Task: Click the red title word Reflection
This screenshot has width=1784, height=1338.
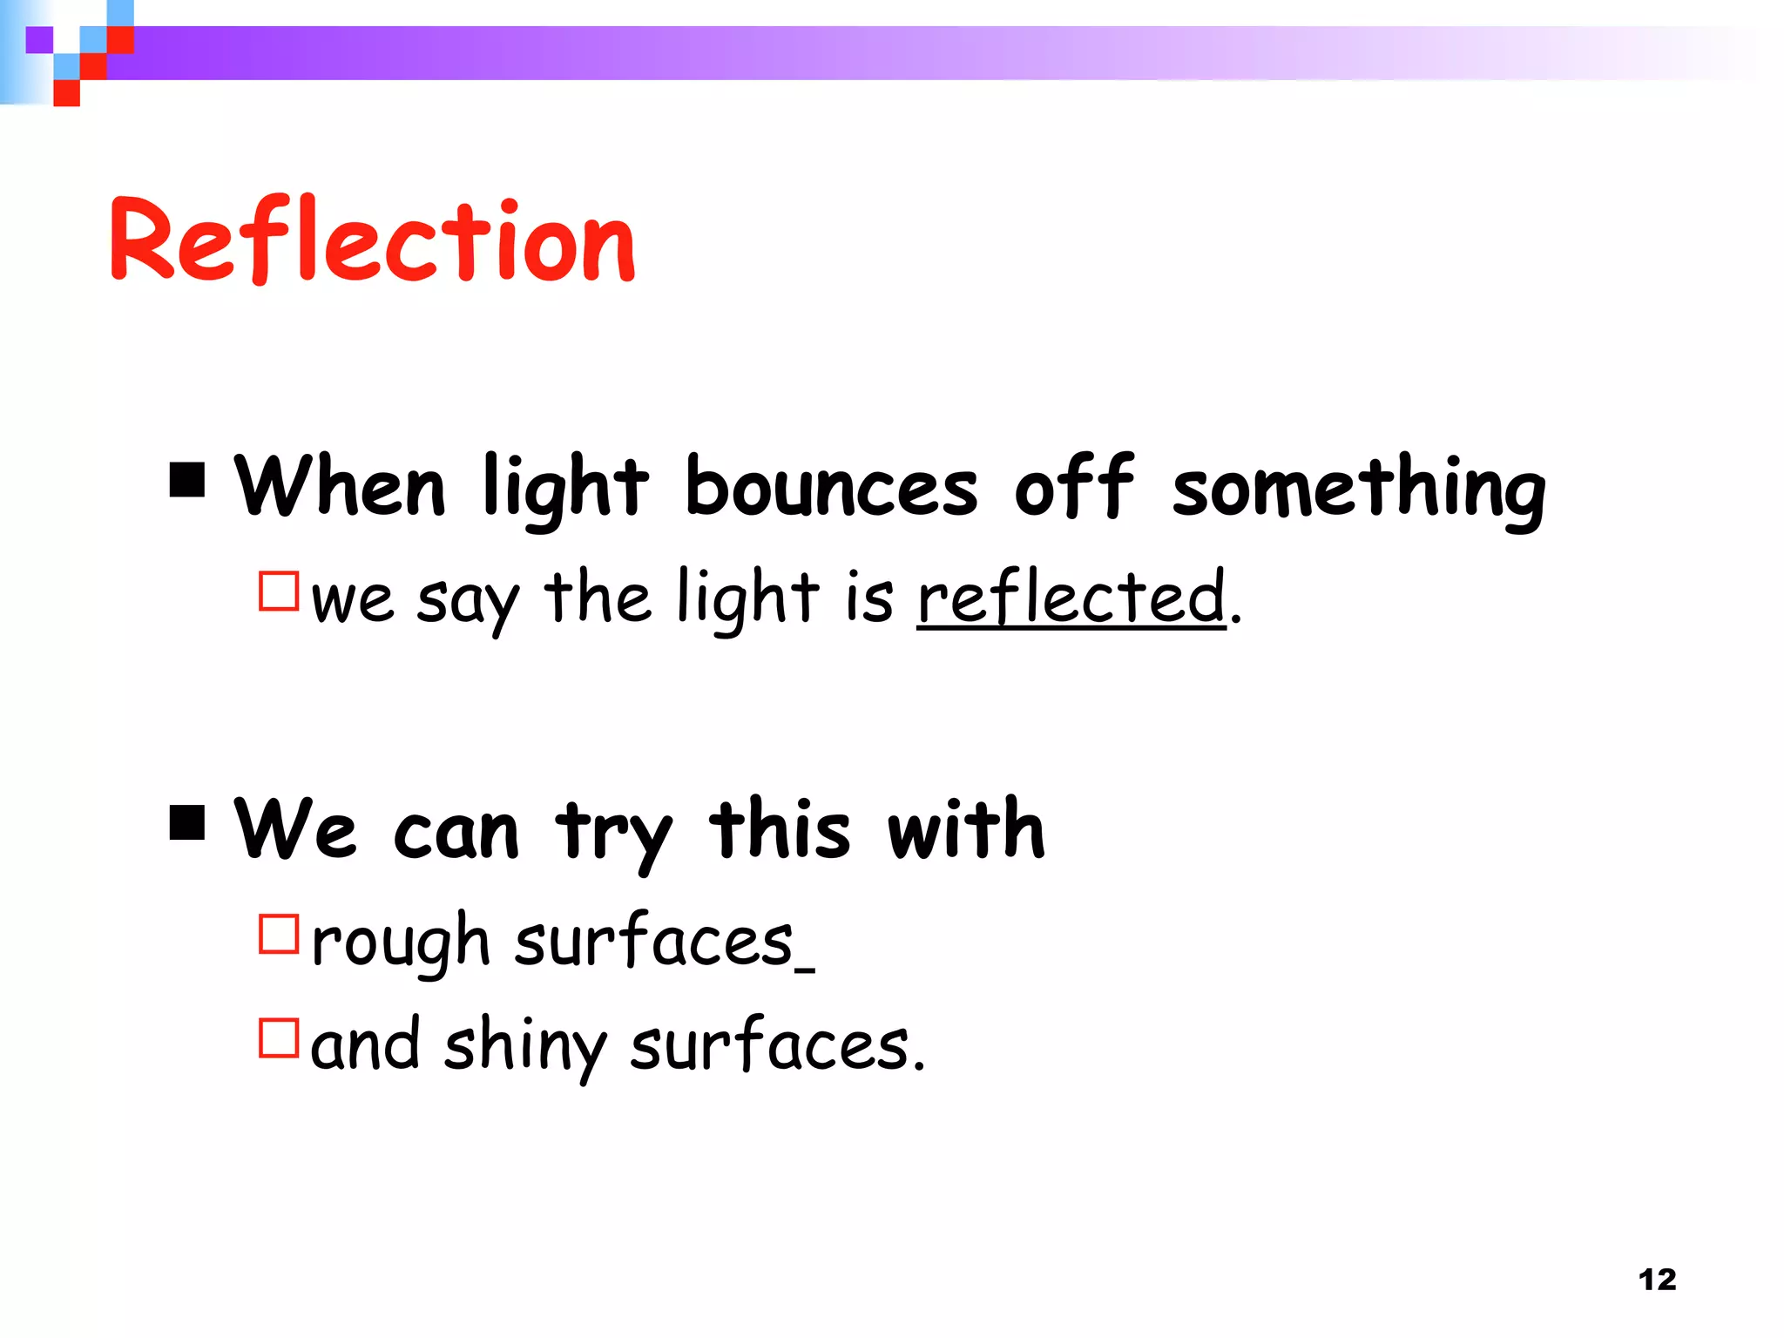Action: pos(373,240)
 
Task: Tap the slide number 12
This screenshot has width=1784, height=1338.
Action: pos(1657,1280)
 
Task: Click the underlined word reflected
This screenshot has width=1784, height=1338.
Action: pos(1071,598)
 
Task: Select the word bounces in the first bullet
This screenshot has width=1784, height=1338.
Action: pos(831,488)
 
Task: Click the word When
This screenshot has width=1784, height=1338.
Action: pos(341,486)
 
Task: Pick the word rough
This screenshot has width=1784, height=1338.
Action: pos(401,943)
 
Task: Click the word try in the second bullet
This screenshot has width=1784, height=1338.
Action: pos(613,833)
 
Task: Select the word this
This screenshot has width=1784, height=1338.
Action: pos(780,828)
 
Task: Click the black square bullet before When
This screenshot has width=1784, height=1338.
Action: pos(187,479)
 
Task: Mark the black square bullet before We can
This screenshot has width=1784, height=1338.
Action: pos(187,821)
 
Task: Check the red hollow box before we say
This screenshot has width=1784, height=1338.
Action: pos(279,591)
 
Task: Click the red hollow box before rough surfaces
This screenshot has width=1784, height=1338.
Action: pos(279,934)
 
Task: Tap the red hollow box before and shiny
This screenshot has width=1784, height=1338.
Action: pos(279,1038)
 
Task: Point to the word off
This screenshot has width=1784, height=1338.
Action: pos(1074,486)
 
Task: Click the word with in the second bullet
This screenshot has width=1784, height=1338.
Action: pos(966,828)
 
